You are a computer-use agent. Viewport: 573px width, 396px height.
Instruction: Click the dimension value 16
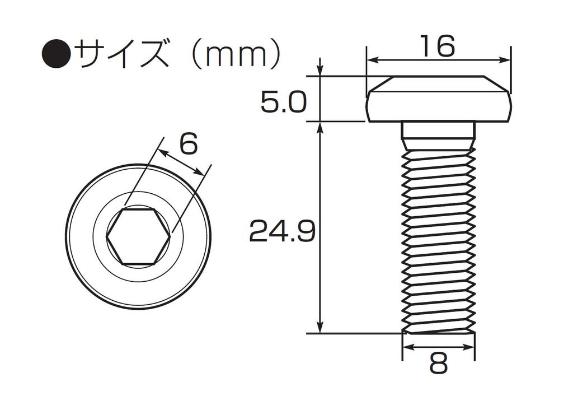click(438, 46)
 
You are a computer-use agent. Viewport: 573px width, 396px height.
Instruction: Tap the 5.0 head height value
click(283, 103)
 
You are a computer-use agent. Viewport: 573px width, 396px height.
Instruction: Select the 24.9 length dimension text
click(282, 231)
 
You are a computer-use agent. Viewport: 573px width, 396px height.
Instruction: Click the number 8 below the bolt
click(438, 365)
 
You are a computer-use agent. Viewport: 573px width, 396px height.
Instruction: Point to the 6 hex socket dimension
click(189, 145)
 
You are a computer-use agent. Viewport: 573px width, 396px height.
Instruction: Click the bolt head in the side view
click(439, 99)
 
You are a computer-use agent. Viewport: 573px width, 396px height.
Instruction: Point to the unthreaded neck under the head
click(439, 131)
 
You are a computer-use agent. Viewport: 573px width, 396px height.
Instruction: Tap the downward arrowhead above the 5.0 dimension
click(320, 72)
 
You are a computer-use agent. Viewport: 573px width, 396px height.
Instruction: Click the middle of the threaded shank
click(439, 235)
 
